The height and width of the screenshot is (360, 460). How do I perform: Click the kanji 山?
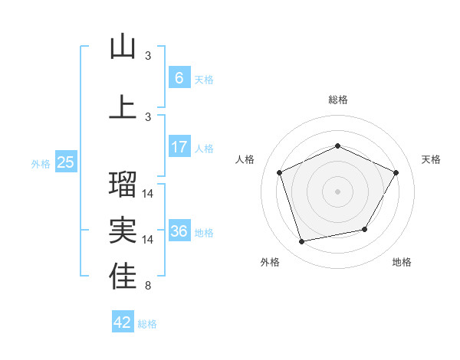point(123,47)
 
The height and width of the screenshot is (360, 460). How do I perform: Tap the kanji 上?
point(123,106)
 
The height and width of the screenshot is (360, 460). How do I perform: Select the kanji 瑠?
point(123,183)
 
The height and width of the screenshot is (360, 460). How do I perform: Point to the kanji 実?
point(123,230)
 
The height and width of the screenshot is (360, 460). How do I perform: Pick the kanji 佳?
point(123,277)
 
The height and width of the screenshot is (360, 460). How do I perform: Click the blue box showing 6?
point(179,78)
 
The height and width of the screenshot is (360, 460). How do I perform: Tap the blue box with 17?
point(179,147)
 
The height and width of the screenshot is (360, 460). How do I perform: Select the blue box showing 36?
point(179,231)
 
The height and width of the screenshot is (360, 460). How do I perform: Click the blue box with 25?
point(65,162)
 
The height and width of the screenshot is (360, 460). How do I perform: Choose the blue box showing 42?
point(123,322)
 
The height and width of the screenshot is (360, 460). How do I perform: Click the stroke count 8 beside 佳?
point(147,286)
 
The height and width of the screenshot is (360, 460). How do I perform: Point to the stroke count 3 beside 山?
point(148,56)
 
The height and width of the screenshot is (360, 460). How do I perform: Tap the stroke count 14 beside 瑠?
point(148,193)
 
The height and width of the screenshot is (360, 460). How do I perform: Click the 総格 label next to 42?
point(147,324)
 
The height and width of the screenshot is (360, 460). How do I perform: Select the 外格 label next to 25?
point(40,163)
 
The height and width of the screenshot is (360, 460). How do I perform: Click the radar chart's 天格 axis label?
point(431,159)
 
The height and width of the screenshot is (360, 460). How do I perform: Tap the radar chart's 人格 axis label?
point(245,159)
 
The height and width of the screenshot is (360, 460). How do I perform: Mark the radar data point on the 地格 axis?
point(365,229)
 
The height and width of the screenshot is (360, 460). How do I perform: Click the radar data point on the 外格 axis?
point(302,242)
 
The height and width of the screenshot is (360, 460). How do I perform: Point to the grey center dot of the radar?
point(337,191)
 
